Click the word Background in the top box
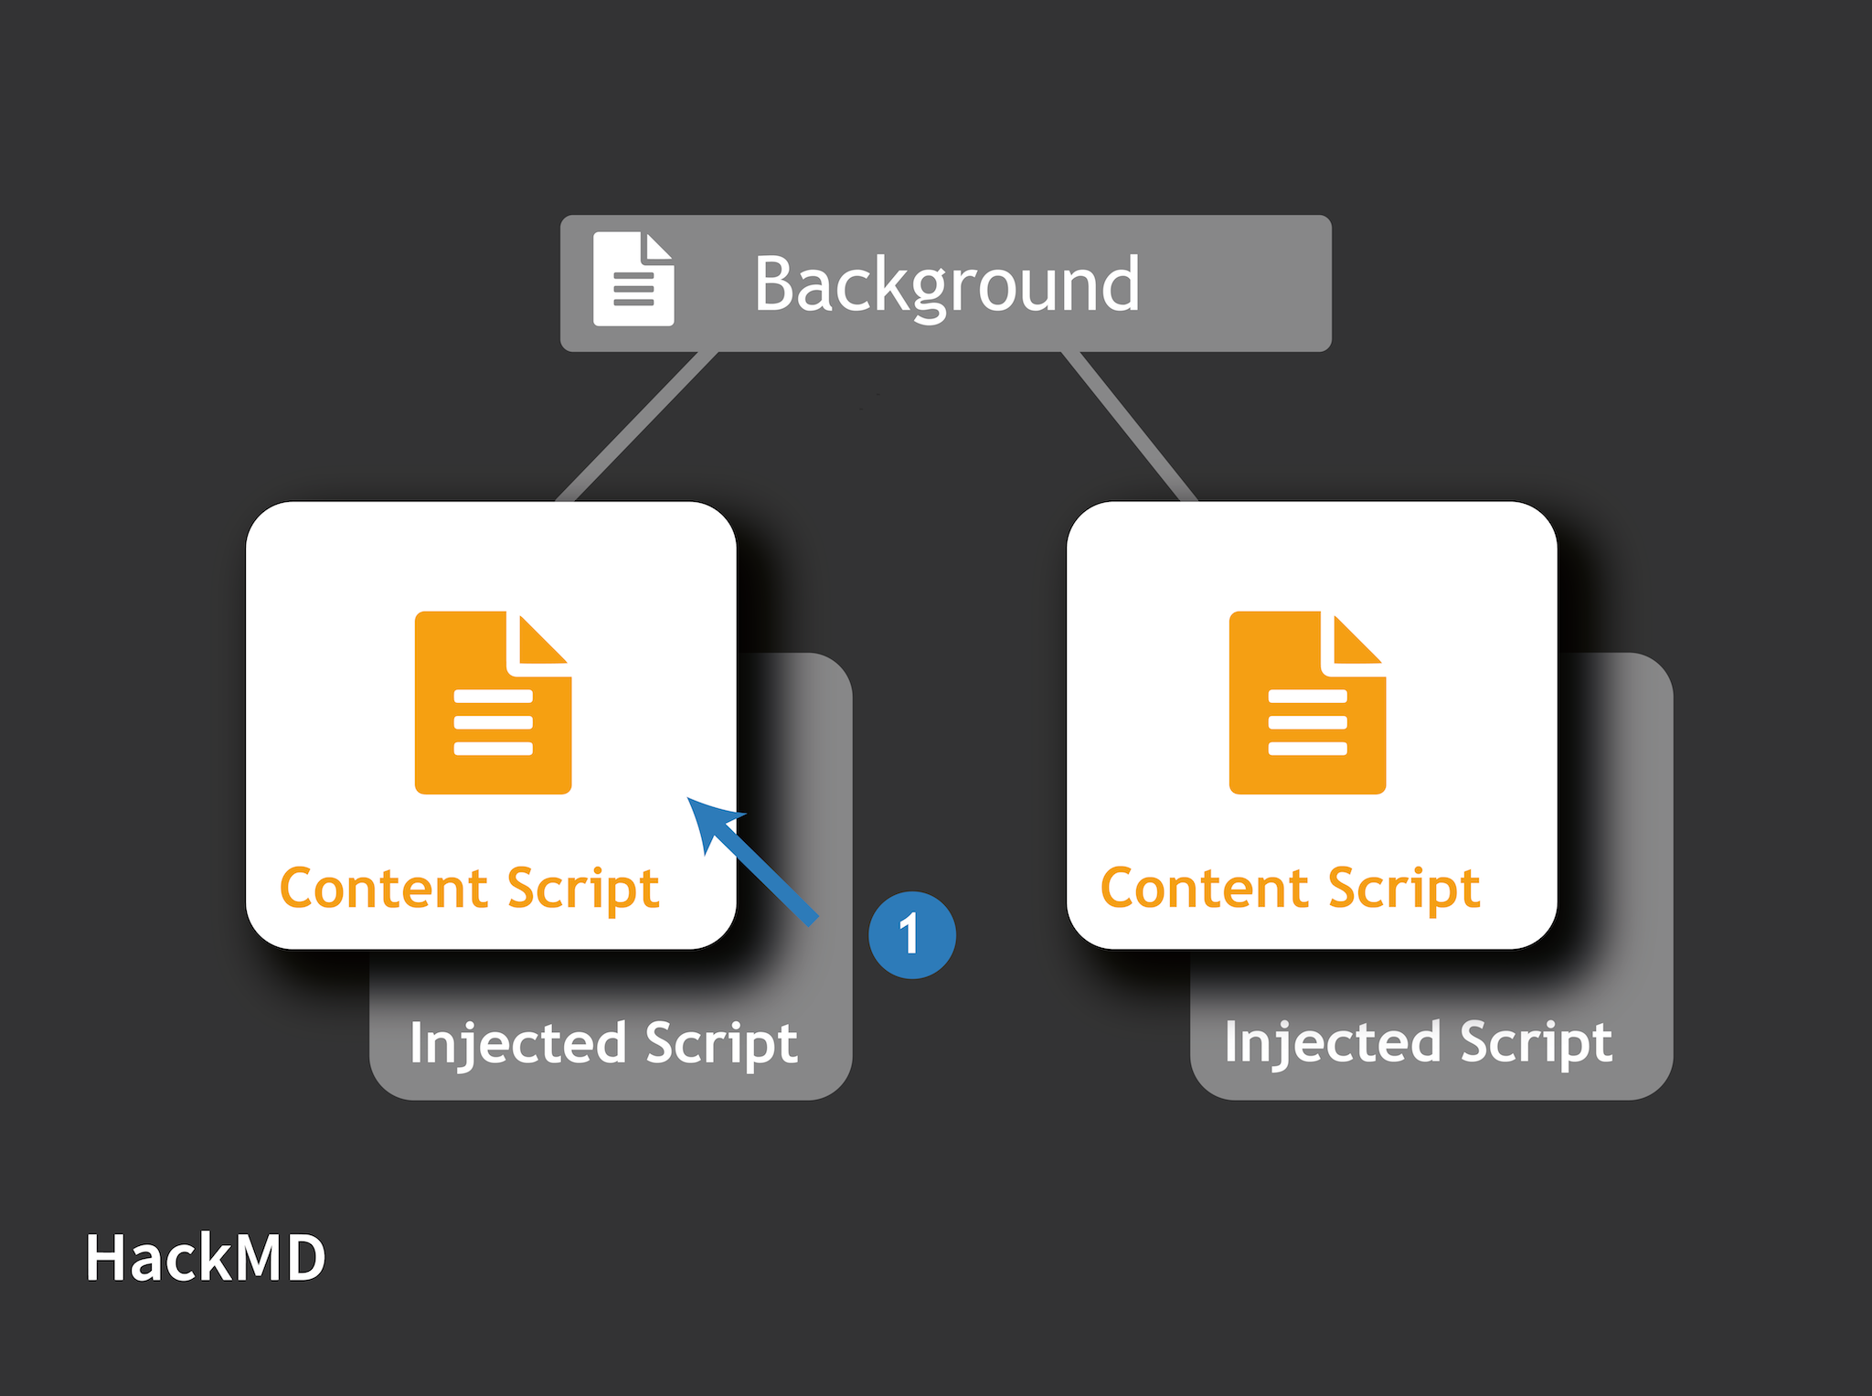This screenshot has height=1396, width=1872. [946, 284]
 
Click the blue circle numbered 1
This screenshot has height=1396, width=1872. [911, 934]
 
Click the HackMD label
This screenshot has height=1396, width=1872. [205, 1258]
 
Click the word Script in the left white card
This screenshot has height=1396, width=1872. [583, 890]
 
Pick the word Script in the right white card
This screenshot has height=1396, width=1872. [1403, 890]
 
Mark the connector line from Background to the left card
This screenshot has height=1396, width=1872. [637, 427]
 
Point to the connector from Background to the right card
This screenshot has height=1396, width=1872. [1130, 427]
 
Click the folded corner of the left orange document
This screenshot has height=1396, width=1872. [541, 643]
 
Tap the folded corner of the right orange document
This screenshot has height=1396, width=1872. [1355, 643]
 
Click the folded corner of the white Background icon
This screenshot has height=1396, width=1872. [658, 248]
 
